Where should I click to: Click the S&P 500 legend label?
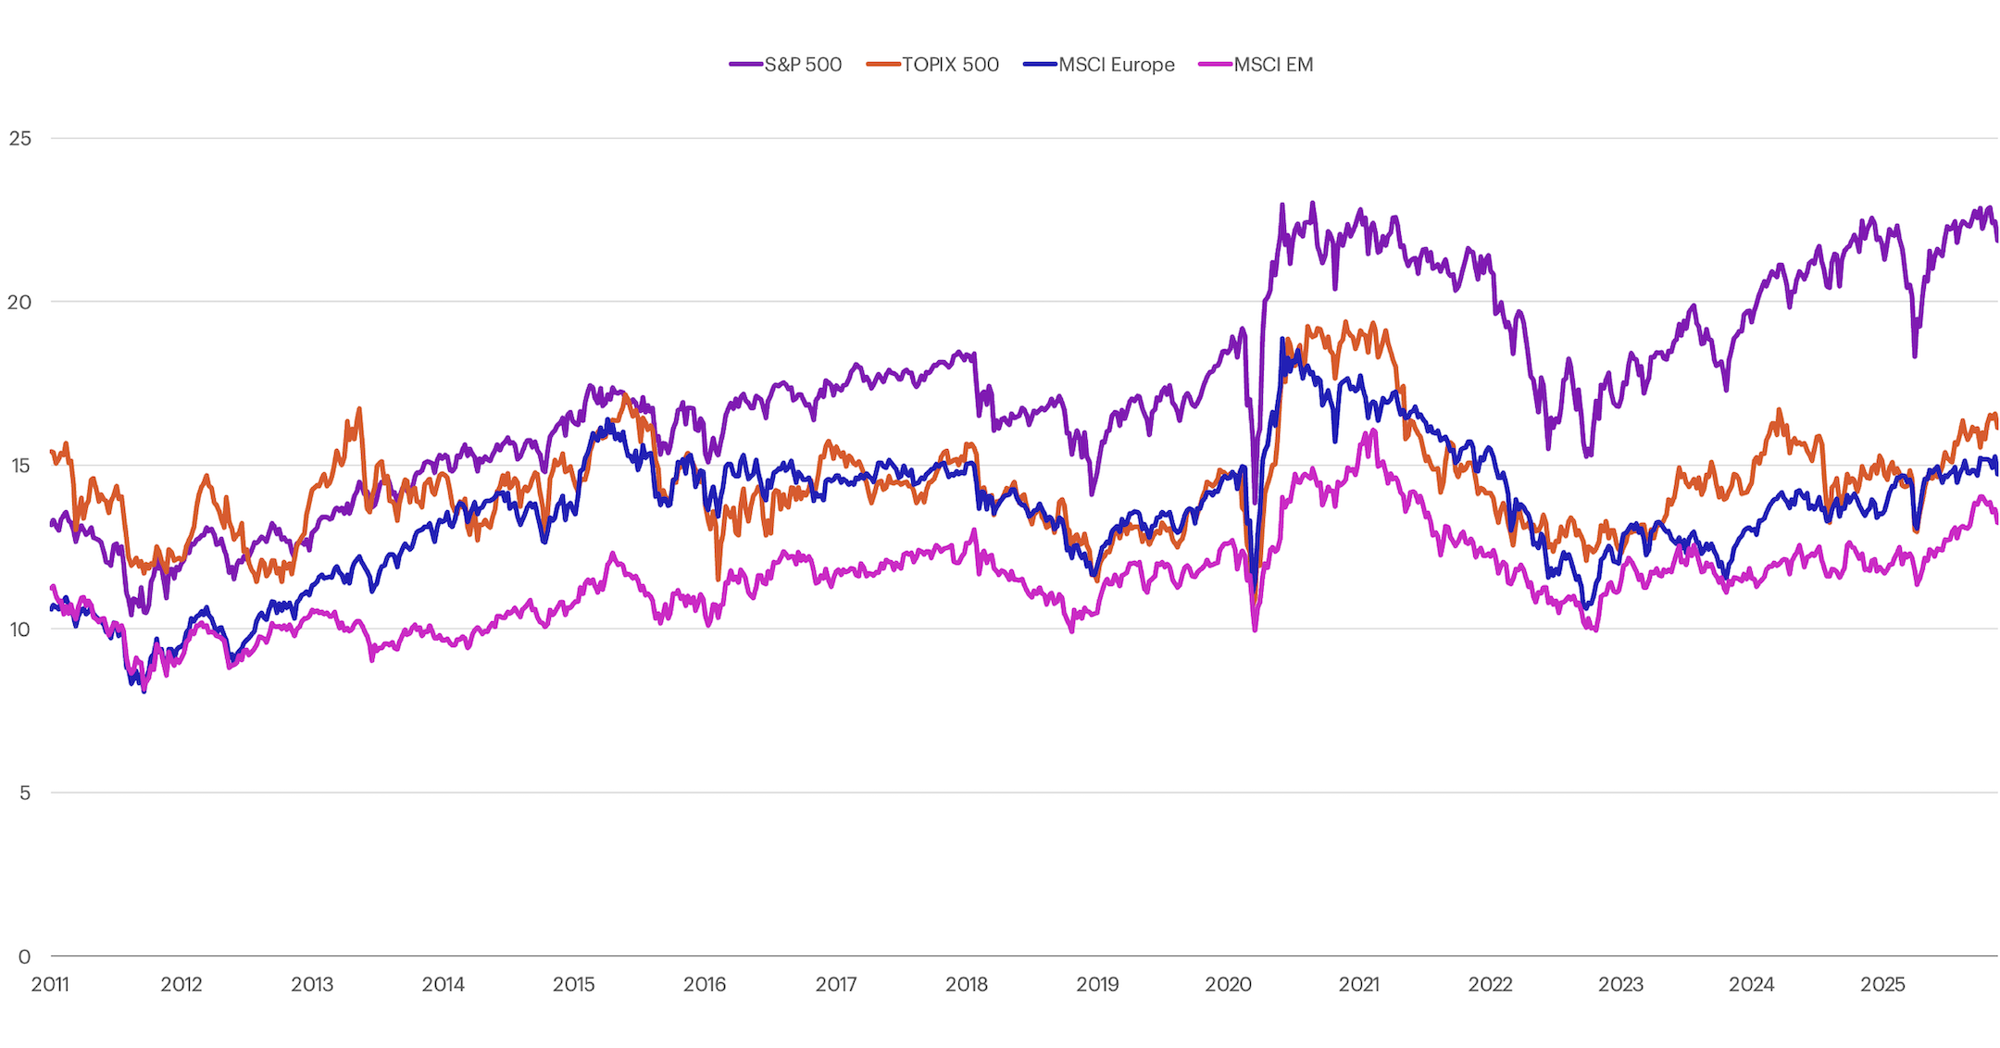click(803, 65)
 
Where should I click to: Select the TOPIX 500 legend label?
click(950, 65)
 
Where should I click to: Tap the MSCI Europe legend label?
click(1116, 65)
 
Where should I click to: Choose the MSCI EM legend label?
click(1273, 65)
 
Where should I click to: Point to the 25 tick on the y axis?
click(19, 139)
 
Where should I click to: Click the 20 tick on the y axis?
click(19, 302)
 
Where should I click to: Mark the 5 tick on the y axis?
click(25, 793)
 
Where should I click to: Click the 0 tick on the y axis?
click(25, 956)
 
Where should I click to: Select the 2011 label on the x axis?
click(50, 984)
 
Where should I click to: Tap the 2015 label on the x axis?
click(574, 984)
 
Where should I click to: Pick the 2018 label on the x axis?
click(967, 984)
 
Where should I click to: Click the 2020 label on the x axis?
click(1228, 984)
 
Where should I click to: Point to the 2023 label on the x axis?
click(1620, 984)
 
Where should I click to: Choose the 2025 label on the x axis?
click(1882, 984)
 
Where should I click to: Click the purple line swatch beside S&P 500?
click(745, 65)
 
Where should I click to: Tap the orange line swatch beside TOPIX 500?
click(883, 65)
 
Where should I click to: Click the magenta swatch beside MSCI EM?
click(1215, 65)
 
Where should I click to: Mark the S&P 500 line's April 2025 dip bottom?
click(1915, 356)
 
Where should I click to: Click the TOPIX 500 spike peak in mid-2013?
click(359, 409)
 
